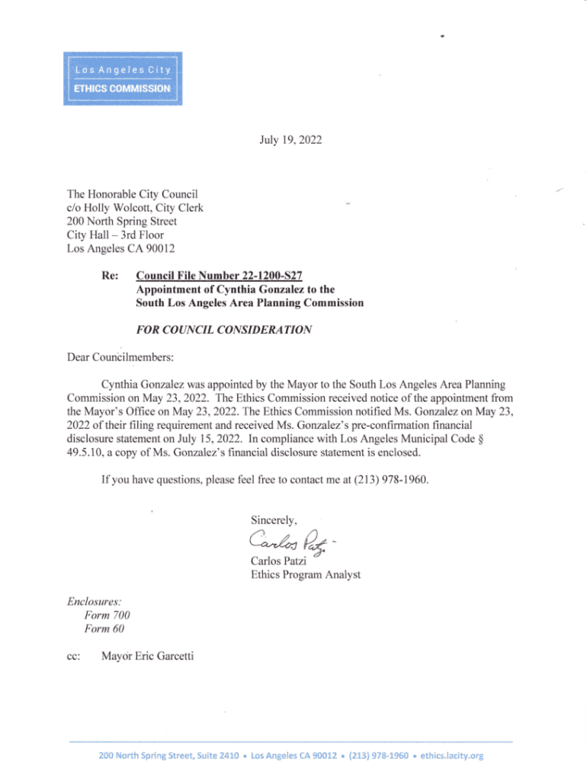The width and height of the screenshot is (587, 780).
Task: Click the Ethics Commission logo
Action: tap(122, 78)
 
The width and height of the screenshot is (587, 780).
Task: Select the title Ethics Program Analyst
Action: tap(305, 575)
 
